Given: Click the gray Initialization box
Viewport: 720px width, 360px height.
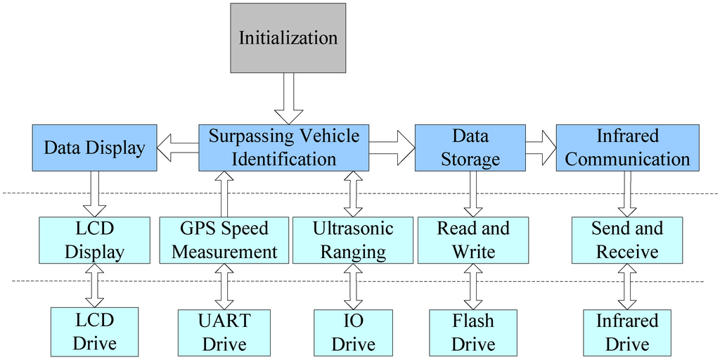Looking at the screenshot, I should [x=288, y=37].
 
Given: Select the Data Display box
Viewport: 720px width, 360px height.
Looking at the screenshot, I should [x=94, y=148].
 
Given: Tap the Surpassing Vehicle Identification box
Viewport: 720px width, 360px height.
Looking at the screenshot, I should [x=283, y=148].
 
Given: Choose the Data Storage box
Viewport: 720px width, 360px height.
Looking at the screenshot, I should [x=470, y=148].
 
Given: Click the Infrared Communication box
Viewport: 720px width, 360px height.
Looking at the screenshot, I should [x=627, y=148].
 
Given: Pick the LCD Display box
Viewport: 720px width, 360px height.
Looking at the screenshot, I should [x=94, y=240].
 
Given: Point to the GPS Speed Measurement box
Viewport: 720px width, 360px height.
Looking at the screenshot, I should [x=224, y=240].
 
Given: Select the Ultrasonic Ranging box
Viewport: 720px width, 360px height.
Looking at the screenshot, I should [x=353, y=240].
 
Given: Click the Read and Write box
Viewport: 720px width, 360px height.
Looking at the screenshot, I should [x=473, y=240].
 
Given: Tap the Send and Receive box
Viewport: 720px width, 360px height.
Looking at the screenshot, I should [x=627, y=240].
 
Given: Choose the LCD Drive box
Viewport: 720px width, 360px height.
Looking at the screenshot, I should [x=94, y=333].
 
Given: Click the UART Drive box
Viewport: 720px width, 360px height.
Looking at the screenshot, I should [x=224, y=333].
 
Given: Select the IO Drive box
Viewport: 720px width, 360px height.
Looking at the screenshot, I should [x=353, y=333].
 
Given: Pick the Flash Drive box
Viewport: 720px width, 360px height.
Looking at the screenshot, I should [x=473, y=333].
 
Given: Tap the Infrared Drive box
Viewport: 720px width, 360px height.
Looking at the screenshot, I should [x=627, y=333].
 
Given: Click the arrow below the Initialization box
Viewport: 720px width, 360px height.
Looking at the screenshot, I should [x=288, y=98].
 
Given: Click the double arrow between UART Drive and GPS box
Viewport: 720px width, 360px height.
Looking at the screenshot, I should [x=224, y=287].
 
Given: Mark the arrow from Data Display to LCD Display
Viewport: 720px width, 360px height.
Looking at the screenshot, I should [x=94, y=194].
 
